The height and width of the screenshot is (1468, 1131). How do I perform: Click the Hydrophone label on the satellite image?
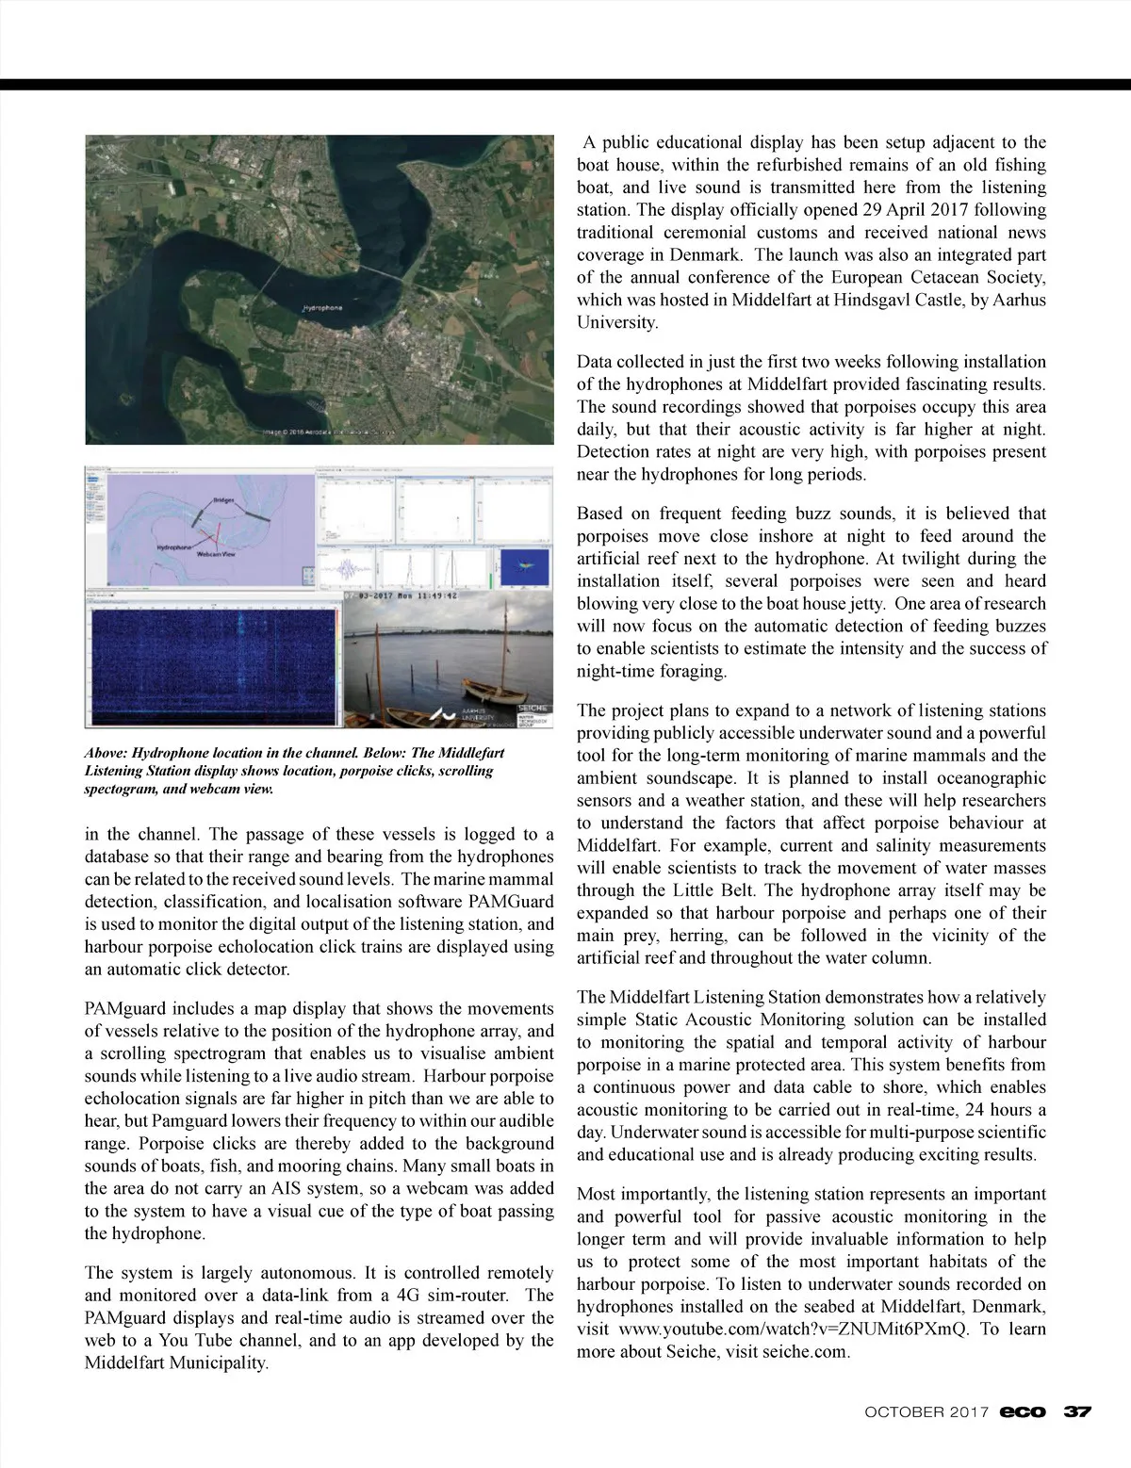click(322, 308)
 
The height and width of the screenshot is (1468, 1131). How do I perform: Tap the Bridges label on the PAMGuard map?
click(223, 499)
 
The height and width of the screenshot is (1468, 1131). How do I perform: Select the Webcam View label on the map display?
click(216, 554)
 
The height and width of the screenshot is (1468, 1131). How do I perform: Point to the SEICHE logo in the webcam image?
click(534, 705)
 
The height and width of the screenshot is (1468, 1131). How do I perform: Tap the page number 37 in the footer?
click(1077, 1411)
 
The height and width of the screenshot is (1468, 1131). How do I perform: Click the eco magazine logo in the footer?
click(1023, 1411)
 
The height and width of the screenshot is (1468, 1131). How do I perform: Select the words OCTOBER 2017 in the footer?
click(926, 1411)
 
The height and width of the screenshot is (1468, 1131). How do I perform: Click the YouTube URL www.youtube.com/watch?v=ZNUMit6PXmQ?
click(794, 1329)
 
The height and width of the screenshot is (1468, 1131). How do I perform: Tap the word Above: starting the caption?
click(105, 754)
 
